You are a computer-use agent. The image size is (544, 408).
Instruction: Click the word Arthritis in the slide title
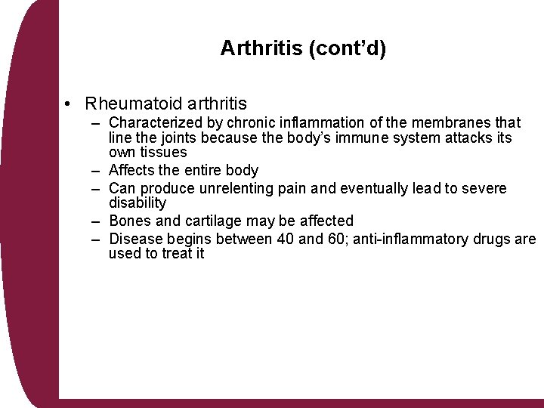click(260, 48)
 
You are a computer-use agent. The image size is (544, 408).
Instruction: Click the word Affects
click(132, 170)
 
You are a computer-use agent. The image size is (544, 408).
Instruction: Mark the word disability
click(138, 202)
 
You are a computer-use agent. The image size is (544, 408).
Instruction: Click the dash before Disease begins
click(97, 239)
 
